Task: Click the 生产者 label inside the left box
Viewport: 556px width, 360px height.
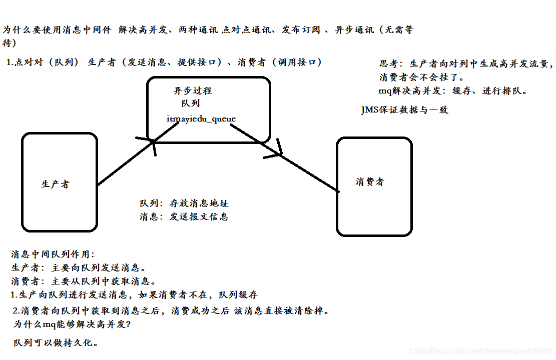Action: (56, 184)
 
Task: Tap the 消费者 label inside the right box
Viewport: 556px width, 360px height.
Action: (370, 182)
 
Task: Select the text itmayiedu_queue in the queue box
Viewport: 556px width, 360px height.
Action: (201, 118)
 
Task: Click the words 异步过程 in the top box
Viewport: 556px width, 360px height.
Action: (193, 91)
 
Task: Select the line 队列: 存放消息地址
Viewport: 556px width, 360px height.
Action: (184, 203)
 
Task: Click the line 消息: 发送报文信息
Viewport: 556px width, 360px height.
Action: (184, 216)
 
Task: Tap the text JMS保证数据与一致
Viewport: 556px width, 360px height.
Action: (404, 110)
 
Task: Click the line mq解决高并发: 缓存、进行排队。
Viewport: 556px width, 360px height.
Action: (453, 91)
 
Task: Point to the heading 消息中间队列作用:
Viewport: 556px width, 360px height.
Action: (53, 254)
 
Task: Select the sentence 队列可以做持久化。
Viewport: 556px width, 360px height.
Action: (56, 342)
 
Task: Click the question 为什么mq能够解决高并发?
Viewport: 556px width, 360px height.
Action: (72, 324)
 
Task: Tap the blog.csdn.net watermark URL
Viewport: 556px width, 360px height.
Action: (480, 351)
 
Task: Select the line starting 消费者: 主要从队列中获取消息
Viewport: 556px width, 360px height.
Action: (84, 281)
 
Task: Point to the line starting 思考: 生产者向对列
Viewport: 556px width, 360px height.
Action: (465, 64)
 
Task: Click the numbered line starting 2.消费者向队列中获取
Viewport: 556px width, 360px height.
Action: (172, 310)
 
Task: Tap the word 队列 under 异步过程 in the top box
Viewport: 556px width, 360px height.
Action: (191, 103)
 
